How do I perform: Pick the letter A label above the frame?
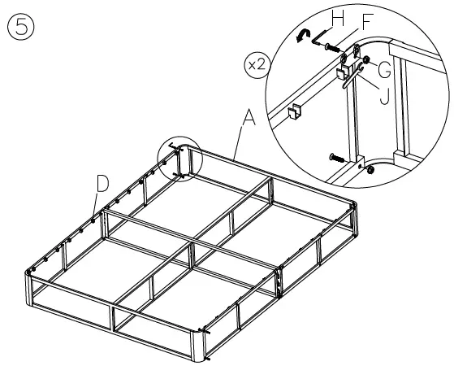pyautogui.click(x=249, y=119)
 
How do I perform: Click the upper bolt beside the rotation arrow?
pyautogui.click(x=331, y=48)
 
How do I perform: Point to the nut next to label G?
pyautogui.click(x=367, y=61)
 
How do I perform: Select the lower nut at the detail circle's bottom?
pyautogui.click(x=372, y=170)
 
